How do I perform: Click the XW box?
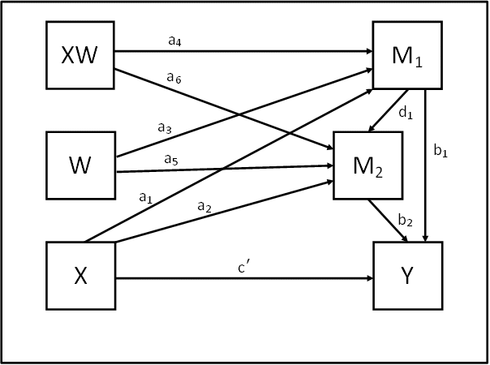coord(80,55)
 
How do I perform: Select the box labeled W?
coord(81,165)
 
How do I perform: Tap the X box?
coord(81,276)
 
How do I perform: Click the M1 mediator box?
coord(407,55)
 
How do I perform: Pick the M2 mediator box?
coord(368,165)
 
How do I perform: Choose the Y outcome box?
coord(408,276)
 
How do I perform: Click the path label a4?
coord(174,41)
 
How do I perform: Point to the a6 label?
coord(174,78)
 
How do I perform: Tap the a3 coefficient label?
coord(165,128)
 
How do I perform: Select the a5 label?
coord(171,160)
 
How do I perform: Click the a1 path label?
coord(146,198)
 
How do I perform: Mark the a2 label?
coord(204,207)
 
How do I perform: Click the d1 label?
coord(406,113)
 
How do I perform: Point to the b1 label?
coord(441,151)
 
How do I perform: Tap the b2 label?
coord(406,220)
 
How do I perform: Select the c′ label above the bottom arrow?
coord(244,268)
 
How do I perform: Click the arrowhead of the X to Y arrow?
coord(369,278)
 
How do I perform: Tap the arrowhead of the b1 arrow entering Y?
coord(425,238)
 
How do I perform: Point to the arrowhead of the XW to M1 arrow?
coord(369,51)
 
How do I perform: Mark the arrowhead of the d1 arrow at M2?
coord(372,128)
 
